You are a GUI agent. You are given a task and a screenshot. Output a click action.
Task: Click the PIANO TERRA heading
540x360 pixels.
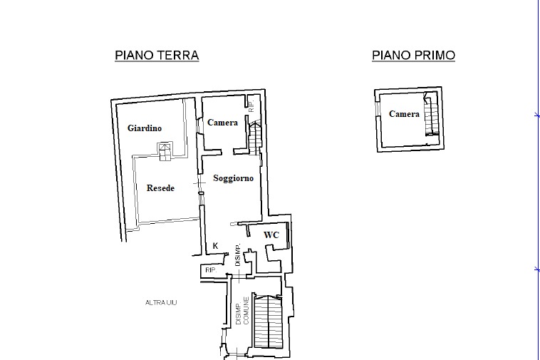pyautogui.click(x=157, y=55)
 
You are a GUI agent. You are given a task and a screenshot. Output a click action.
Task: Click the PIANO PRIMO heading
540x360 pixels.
pyautogui.click(x=414, y=55)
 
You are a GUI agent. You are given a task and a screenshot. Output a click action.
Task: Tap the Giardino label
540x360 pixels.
pyautogui.click(x=145, y=128)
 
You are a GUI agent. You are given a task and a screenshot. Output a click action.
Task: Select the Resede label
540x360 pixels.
pyautogui.click(x=160, y=188)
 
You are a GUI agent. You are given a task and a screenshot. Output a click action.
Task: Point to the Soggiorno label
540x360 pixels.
pyautogui.click(x=234, y=178)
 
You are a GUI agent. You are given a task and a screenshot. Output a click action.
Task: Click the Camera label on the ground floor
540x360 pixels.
pyautogui.click(x=222, y=123)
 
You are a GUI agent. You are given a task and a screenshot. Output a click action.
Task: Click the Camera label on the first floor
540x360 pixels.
pyautogui.click(x=405, y=113)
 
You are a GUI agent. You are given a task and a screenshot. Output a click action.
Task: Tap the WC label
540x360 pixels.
pyautogui.click(x=271, y=235)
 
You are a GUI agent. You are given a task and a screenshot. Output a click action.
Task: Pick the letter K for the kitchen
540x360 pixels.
pyautogui.click(x=216, y=246)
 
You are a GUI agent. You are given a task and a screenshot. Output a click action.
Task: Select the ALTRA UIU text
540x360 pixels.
pyautogui.click(x=161, y=302)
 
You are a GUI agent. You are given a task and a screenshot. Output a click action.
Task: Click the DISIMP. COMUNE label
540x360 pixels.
pyautogui.click(x=242, y=310)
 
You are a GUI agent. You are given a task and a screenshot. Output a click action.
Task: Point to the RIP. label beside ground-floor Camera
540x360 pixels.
pyautogui.click(x=251, y=106)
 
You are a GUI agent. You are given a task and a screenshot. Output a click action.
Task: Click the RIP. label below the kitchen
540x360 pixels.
pyautogui.click(x=211, y=270)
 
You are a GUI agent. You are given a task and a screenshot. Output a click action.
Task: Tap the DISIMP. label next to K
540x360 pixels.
pyautogui.click(x=238, y=255)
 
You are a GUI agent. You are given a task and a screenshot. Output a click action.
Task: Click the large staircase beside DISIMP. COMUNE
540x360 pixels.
pyautogui.click(x=268, y=321)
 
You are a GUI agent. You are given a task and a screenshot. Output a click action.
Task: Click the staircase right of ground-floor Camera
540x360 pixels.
pyautogui.click(x=254, y=138)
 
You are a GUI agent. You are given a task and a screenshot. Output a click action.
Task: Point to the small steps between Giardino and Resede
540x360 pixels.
pyautogui.click(x=165, y=152)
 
